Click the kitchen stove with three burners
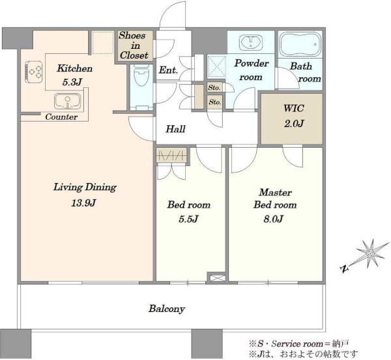coord(33,72)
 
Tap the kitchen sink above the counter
coord(68,101)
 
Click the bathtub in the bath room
coord(300,44)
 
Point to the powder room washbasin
coord(251,42)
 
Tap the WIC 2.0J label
coord(294,116)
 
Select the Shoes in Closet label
coord(134,46)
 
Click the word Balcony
coord(167,309)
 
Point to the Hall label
coord(175,129)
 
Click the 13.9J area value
coord(84,203)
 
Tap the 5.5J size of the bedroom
coord(188,219)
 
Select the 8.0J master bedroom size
coord(274,219)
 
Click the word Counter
coord(61,117)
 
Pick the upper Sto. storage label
coord(214,88)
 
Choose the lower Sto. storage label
coord(215,102)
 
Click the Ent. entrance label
coord(168,70)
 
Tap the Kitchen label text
coord(74,68)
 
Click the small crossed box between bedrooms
coord(216,278)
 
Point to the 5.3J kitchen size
coord(72,82)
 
